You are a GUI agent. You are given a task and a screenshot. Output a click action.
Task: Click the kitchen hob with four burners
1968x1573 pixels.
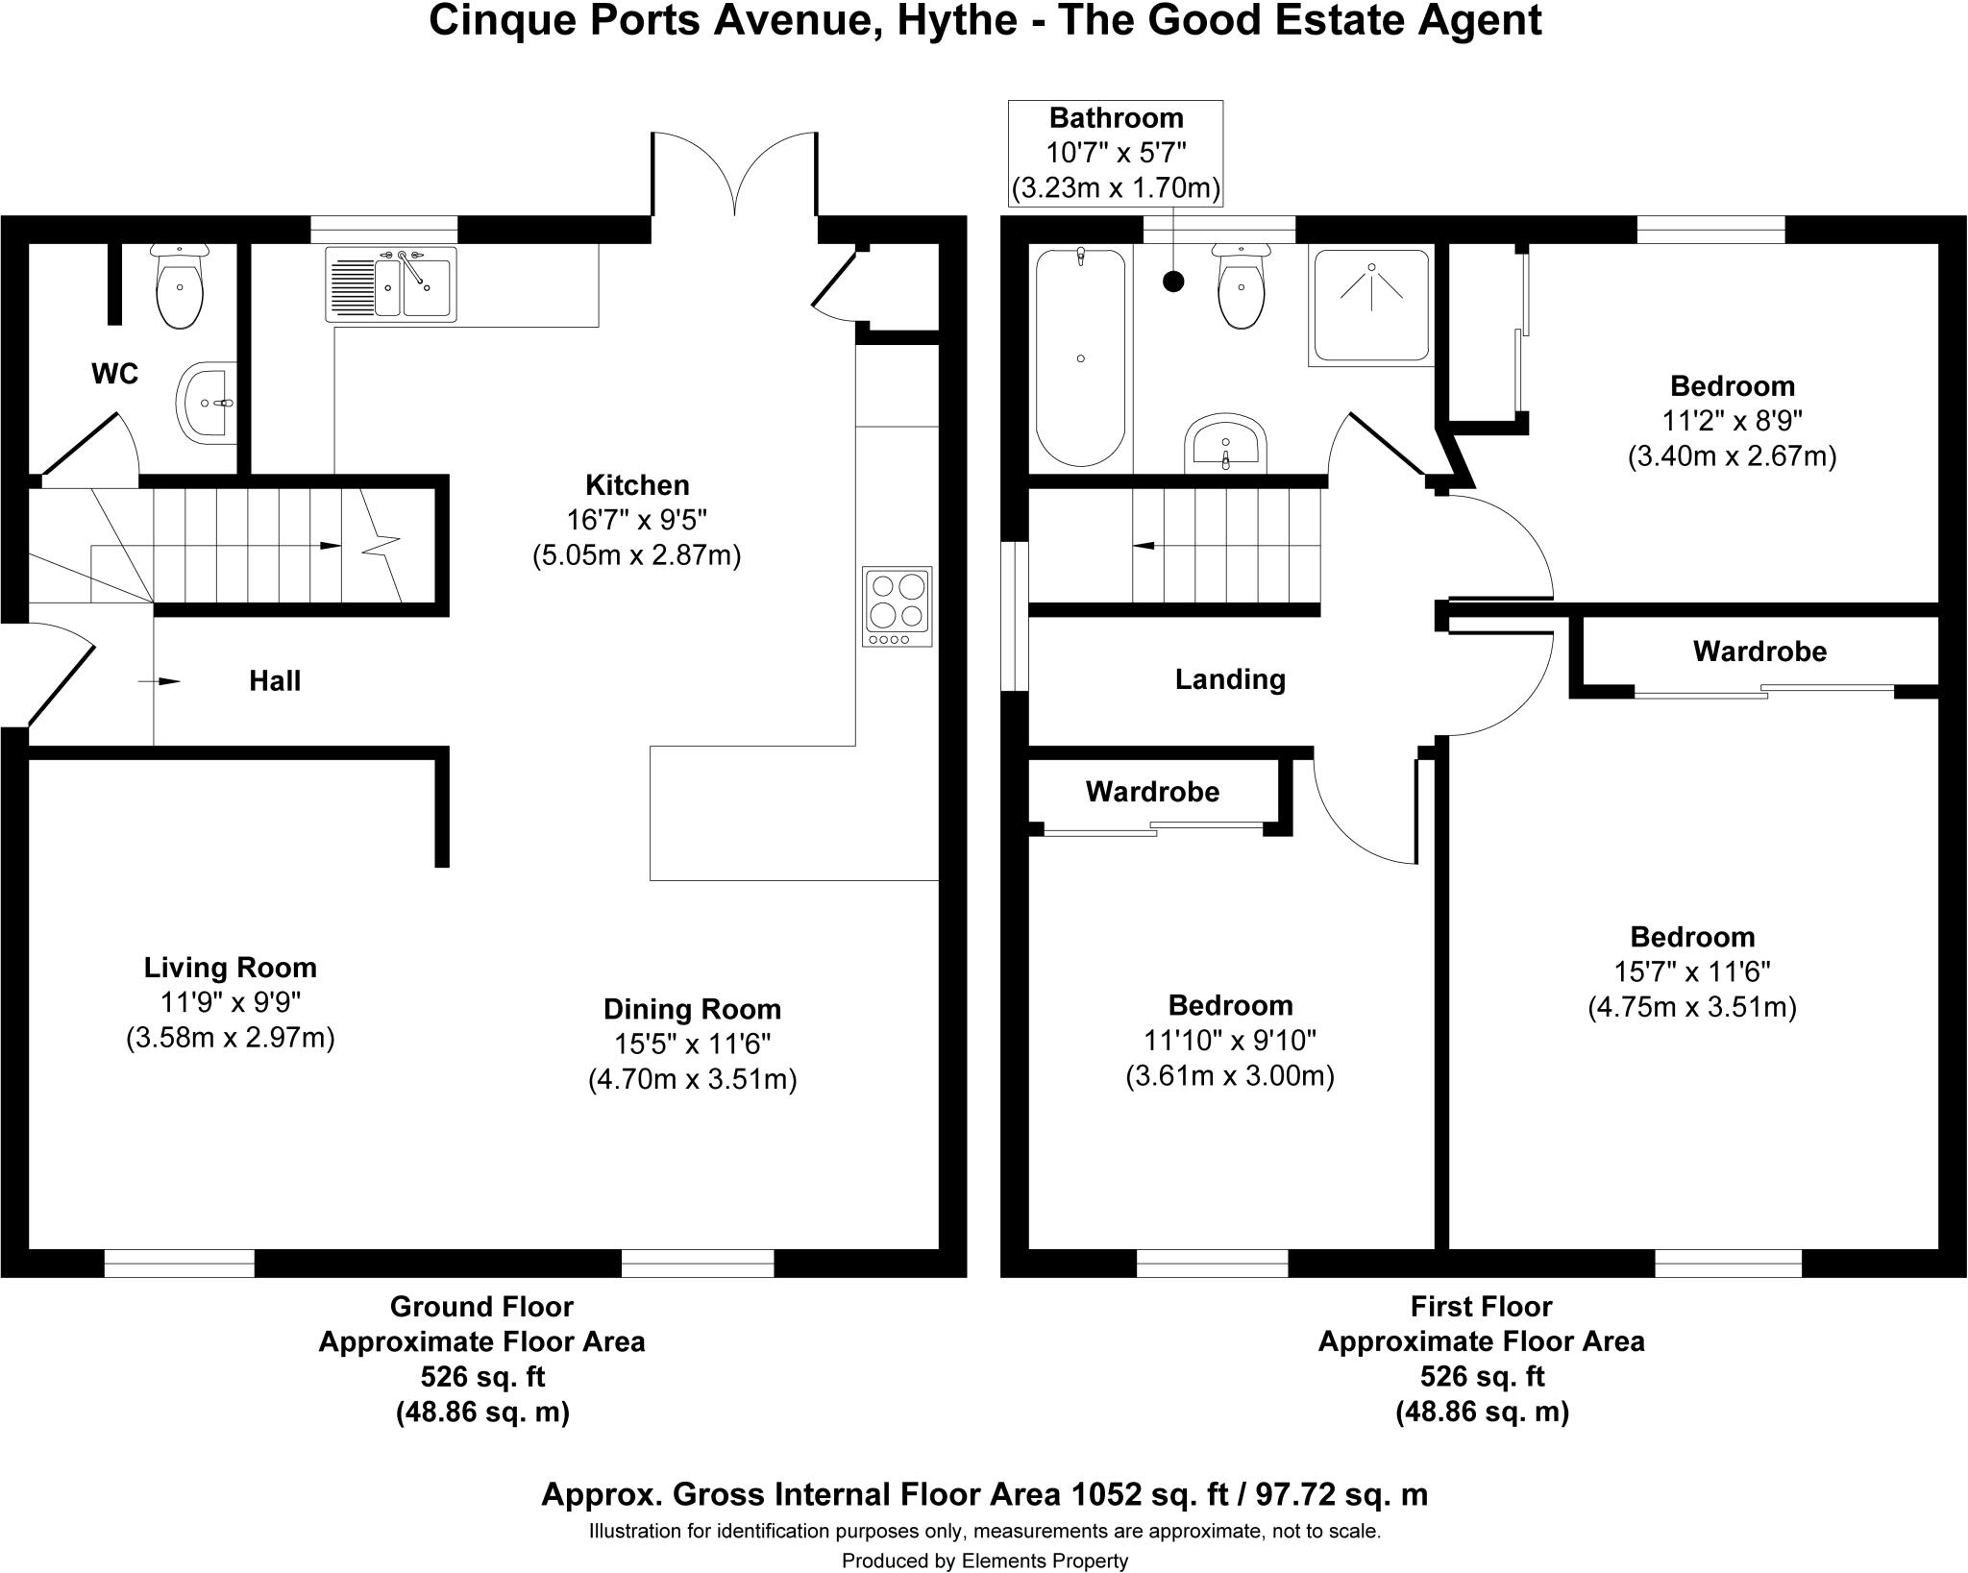[898, 605]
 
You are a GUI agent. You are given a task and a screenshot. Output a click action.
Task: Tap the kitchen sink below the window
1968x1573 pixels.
[391, 283]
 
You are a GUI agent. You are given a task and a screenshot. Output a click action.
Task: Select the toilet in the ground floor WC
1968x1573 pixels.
[179, 285]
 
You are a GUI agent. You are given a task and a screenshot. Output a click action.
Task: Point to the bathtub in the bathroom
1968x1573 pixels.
[1080, 357]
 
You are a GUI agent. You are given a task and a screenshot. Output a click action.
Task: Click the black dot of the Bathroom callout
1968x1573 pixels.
[1173, 282]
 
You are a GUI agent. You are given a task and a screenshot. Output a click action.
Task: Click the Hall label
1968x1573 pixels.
[275, 681]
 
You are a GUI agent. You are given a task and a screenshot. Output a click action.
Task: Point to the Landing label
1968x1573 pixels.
[1230, 679]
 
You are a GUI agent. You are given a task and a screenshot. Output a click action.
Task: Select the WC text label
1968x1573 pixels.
[114, 374]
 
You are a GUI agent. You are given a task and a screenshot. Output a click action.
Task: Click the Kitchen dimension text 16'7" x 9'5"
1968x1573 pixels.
[637, 520]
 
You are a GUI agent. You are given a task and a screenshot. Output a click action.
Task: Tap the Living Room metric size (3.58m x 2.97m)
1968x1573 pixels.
[231, 1038]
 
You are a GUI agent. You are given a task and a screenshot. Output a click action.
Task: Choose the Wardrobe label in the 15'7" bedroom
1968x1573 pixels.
[1759, 651]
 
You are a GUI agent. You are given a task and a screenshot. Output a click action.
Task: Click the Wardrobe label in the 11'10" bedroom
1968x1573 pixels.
[1152, 792]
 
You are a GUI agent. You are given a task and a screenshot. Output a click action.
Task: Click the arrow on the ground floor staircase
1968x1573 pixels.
[330, 546]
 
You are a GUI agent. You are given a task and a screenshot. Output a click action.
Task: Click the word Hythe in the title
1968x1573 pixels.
[956, 21]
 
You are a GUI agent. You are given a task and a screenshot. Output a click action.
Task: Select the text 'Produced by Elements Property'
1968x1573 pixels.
[985, 1561]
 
